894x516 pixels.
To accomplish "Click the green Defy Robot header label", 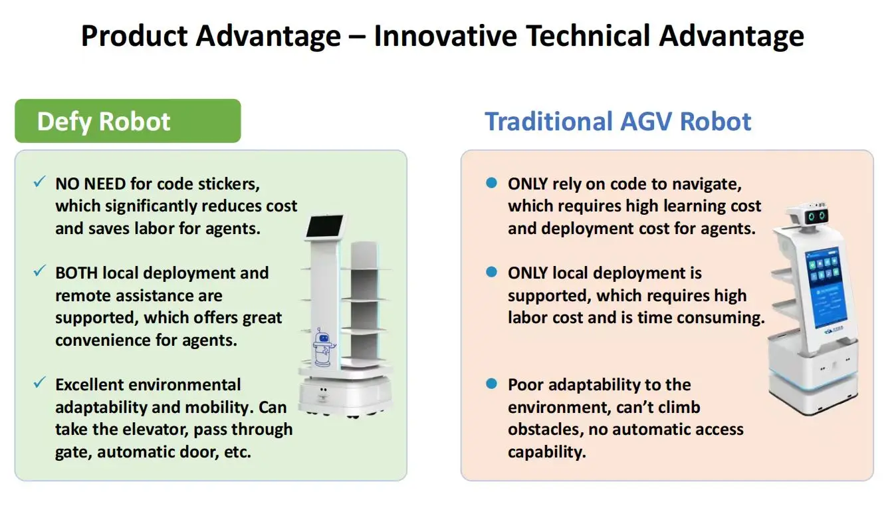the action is (128, 120).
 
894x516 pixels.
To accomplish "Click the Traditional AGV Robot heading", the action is (617, 121).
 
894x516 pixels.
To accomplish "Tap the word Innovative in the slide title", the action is (445, 35).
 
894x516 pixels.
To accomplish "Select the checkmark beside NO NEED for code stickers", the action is (39, 182).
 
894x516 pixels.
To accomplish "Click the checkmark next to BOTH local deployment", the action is (39, 271).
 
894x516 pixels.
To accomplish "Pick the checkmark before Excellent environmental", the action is (39, 382).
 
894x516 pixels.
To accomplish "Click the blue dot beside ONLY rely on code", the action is (492, 183).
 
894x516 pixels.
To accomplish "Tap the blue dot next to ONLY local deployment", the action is (492, 272).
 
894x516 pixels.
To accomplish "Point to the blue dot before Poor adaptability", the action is (492, 384).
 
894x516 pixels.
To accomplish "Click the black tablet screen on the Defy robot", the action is (324, 226).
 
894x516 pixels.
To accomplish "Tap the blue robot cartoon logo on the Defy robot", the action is (323, 347).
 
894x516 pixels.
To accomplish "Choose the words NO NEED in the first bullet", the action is (90, 184).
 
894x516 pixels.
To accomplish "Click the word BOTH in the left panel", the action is (76, 273).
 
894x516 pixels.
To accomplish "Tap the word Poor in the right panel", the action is (526, 385).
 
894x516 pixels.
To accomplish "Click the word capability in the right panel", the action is (547, 452).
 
